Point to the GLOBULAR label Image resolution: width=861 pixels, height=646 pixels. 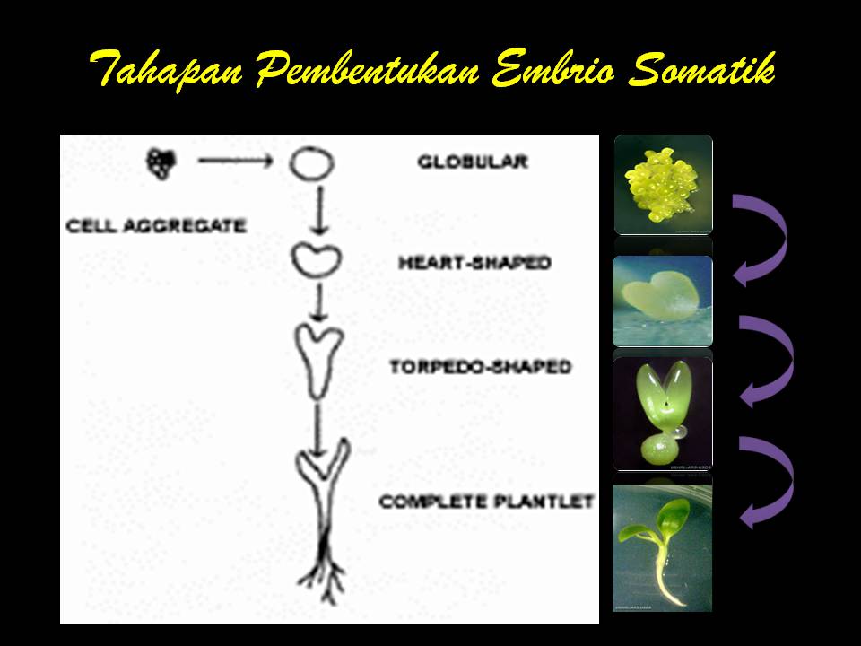(472, 162)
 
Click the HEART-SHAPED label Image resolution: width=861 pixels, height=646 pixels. (474, 264)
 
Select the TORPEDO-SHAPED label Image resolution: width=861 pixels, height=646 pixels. (480, 367)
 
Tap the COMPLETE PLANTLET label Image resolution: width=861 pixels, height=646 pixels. (486, 502)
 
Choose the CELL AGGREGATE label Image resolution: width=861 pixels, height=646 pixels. (156, 226)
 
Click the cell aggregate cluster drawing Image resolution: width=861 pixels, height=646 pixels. (162, 162)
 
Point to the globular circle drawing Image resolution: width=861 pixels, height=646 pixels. (311, 164)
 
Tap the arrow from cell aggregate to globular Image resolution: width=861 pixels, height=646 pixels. (234, 161)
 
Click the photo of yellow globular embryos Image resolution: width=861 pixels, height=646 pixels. (663, 183)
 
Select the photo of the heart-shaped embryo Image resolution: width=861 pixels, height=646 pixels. (663, 301)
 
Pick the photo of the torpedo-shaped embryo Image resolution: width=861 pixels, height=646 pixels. (662, 413)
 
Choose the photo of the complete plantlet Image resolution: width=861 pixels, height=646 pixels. (663, 547)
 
